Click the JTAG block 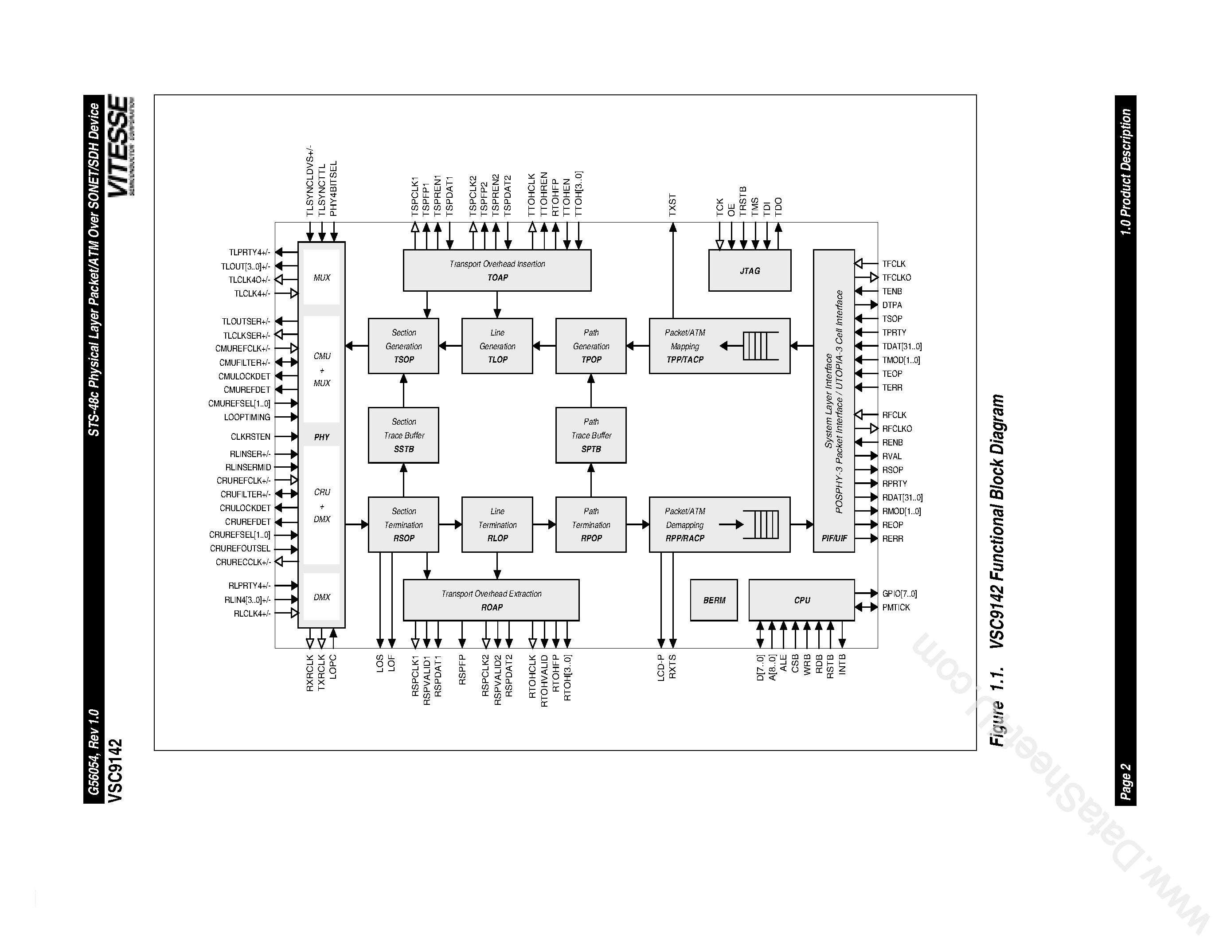(x=749, y=271)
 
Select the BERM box (x=713, y=600)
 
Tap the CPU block (x=801, y=600)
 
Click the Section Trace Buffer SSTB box (x=403, y=435)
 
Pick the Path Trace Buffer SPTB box (x=590, y=435)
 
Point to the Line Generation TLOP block (x=497, y=346)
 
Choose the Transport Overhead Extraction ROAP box (x=491, y=600)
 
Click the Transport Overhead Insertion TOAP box (x=497, y=271)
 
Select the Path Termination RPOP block (x=590, y=524)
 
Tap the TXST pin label (x=672, y=205)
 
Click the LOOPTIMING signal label (x=247, y=417)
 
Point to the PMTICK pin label (x=896, y=607)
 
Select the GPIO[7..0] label (x=899, y=594)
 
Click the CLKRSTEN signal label (x=250, y=436)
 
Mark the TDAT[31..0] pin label (x=902, y=347)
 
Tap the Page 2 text (x=1125, y=781)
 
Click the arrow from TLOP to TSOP (x=450, y=346)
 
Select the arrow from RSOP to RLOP (x=450, y=524)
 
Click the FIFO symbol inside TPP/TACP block (x=760, y=346)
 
